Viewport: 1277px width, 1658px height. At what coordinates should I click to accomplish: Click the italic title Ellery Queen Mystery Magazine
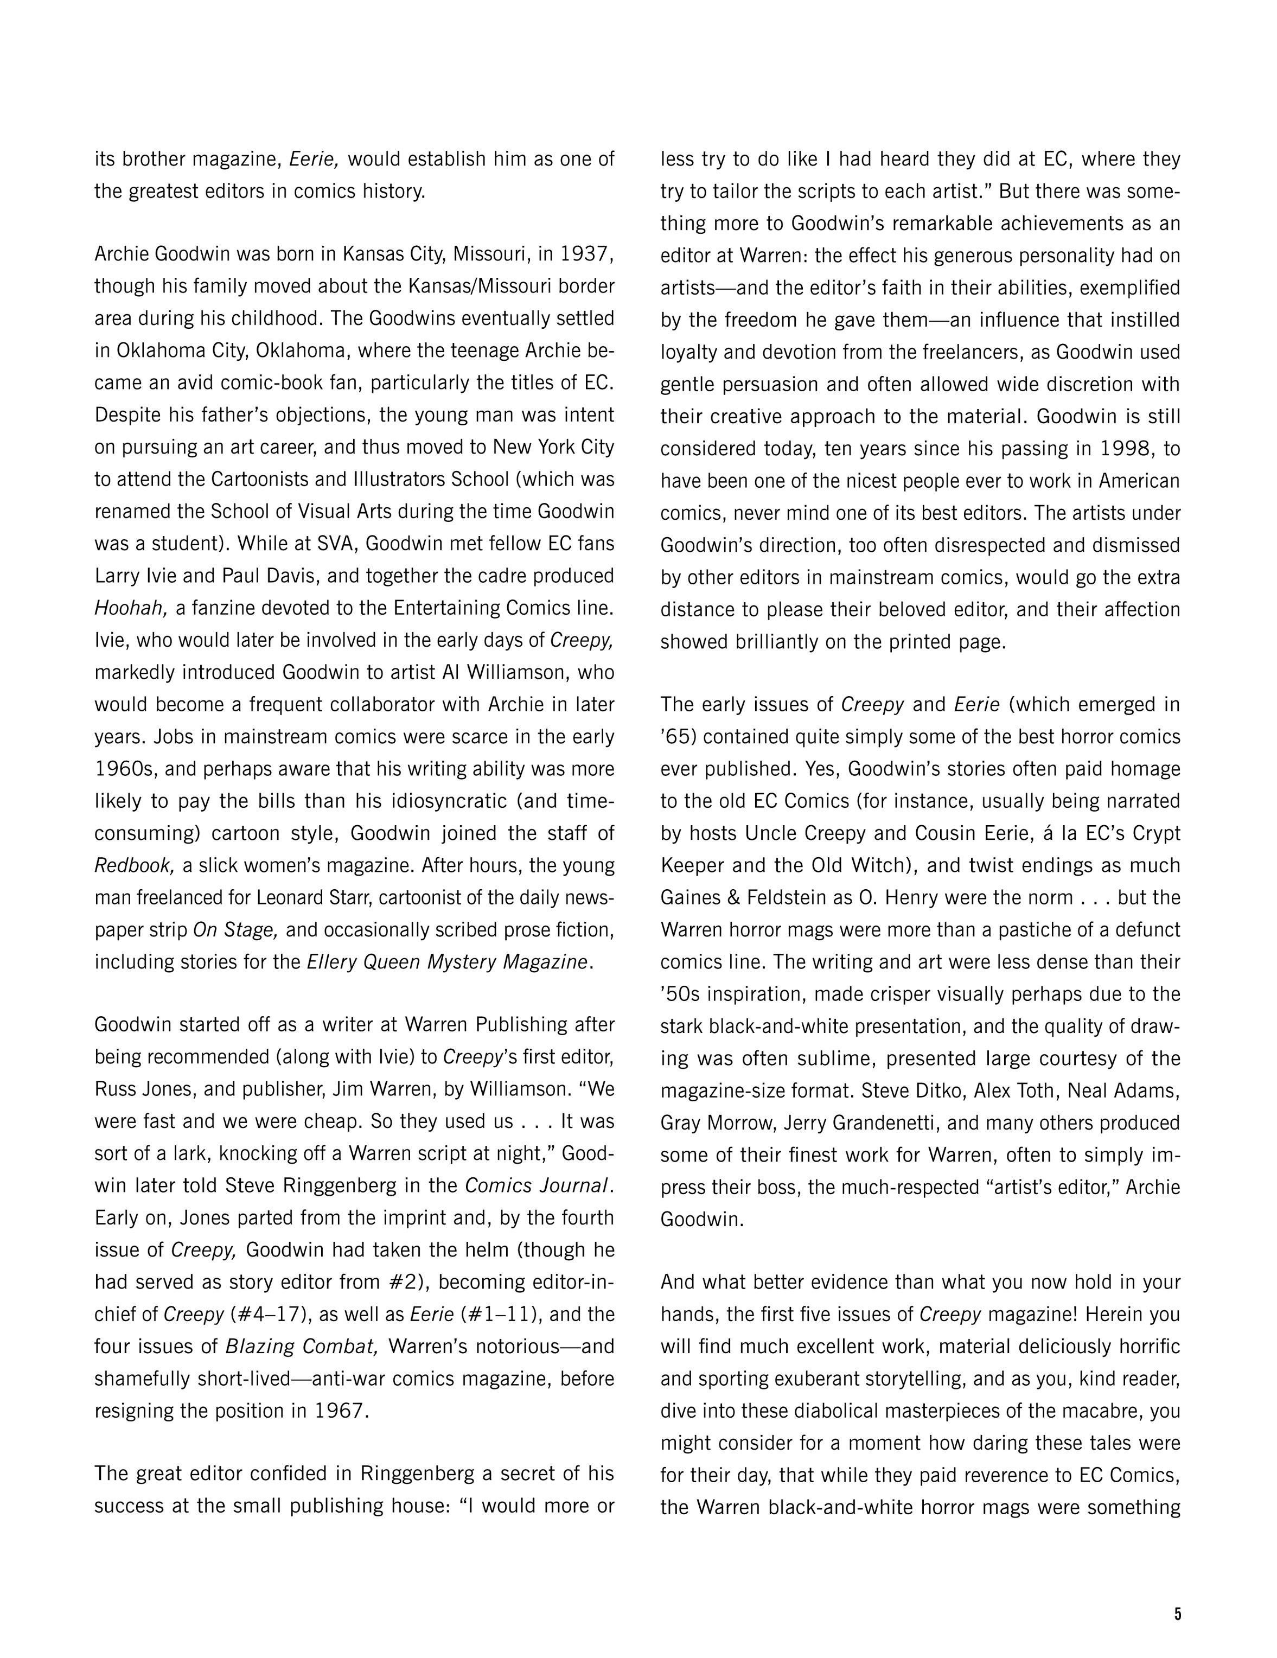click(446, 962)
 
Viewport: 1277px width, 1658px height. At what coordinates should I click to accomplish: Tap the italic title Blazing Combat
click(302, 1347)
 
